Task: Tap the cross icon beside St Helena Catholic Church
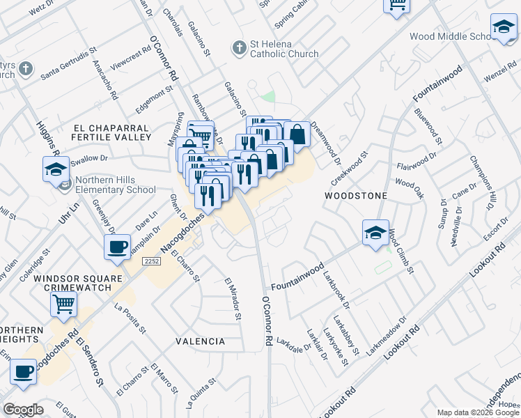pos(239,48)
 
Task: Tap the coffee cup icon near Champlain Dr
pos(117,246)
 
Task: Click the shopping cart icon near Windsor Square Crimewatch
pos(63,303)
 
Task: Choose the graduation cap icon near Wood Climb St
pos(375,232)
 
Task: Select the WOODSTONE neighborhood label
pos(355,196)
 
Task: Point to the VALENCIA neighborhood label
pos(201,341)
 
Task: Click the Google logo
pos(23,410)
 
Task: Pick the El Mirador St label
pos(233,300)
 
